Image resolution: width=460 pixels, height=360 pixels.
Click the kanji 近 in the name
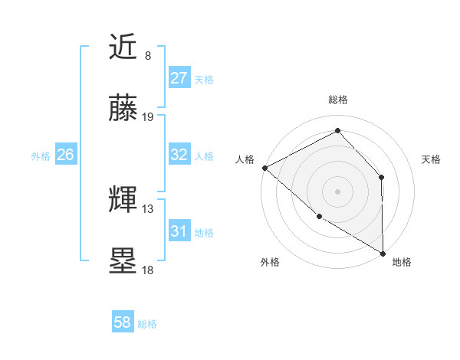click(x=124, y=48)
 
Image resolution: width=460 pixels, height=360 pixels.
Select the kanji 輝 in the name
click(x=124, y=201)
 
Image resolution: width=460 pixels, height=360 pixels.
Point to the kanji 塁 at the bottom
click(x=124, y=261)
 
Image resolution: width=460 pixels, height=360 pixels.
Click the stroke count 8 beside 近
click(x=148, y=56)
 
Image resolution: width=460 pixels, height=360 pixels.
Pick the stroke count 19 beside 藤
click(x=148, y=116)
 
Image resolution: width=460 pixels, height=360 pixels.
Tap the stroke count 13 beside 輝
click(x=148, y=208)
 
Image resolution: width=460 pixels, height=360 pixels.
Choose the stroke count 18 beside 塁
click(x=148, y=269)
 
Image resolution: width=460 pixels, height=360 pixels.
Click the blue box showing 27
click(x=179, y=78)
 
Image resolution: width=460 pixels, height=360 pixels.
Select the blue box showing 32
click(x=179, y=155)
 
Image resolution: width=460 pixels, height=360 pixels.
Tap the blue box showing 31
click(x=179, y=231)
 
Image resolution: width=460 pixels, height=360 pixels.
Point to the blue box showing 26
click(x=65, y=155)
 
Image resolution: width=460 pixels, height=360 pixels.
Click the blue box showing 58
click(x=122, y=322)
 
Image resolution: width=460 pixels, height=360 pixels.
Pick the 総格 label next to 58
click(x=147, y=324)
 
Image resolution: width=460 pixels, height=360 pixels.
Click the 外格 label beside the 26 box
click(x=41, y=155)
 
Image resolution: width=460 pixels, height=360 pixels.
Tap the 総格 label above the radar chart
click(x=337, y=100)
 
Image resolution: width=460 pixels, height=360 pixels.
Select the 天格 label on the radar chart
click(x=431, y=159)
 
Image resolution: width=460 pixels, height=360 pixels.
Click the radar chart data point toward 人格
click(x=264, y=168)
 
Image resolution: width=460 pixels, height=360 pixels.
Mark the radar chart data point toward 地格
click(x=383, y=253)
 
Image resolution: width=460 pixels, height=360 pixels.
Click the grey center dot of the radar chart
click(x=337, y=191)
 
